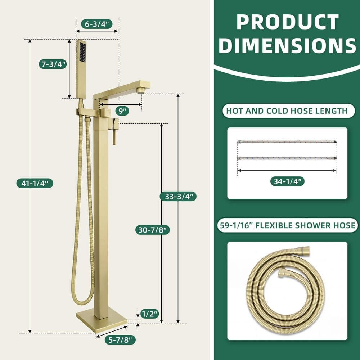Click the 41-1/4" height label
pos(35,183)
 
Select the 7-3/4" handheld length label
pos(53,64)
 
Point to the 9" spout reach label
pos(122,111)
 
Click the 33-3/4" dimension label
pos(178,197)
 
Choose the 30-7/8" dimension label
pos(152,230)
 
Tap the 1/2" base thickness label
pos(150,314)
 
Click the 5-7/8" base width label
pos(120,340)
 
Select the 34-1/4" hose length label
pos(287,181)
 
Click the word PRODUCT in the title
pos(287,22)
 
